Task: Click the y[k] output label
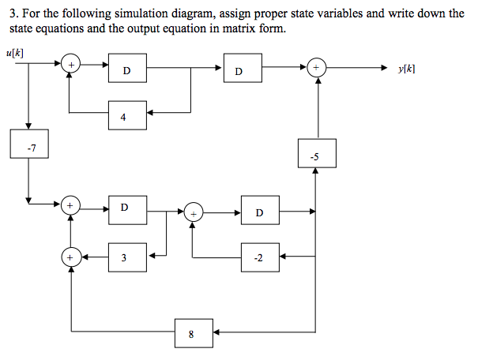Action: click(408, 69)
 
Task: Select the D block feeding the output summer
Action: click(239, 70)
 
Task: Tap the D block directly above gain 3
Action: click(125, 209)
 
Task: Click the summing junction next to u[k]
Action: click(71, 64)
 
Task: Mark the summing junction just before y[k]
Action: click(316, 69)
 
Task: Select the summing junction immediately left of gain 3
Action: click(72, 256)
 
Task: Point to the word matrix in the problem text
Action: click(215, 28)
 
